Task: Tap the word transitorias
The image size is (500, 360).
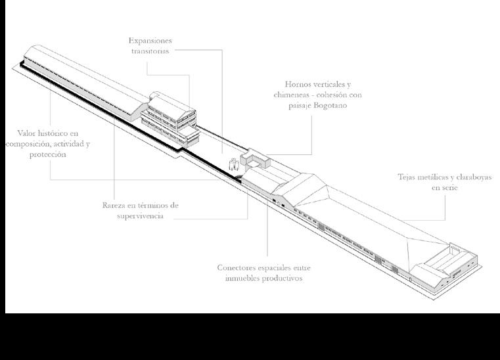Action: (x=150, y=51)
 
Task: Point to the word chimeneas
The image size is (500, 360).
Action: (x=295, y=95)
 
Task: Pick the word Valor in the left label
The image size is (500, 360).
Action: (x=29, y=133)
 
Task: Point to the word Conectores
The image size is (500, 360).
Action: (x=241, y=267)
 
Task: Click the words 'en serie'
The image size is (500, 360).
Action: (x=444, y=188)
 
